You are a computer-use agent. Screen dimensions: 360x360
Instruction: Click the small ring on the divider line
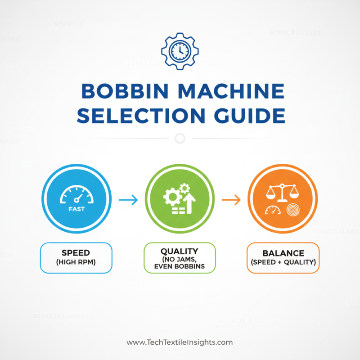tap(180, 138)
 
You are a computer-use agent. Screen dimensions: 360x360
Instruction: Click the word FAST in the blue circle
tap(76, 209)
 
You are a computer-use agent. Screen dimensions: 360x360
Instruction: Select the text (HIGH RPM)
tap(76, 262)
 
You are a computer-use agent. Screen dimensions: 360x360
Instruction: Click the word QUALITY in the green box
tap(180, 250)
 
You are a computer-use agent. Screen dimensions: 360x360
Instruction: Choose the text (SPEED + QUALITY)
tap(283, 262)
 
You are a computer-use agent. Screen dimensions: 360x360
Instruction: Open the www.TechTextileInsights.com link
tap(180, 342)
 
